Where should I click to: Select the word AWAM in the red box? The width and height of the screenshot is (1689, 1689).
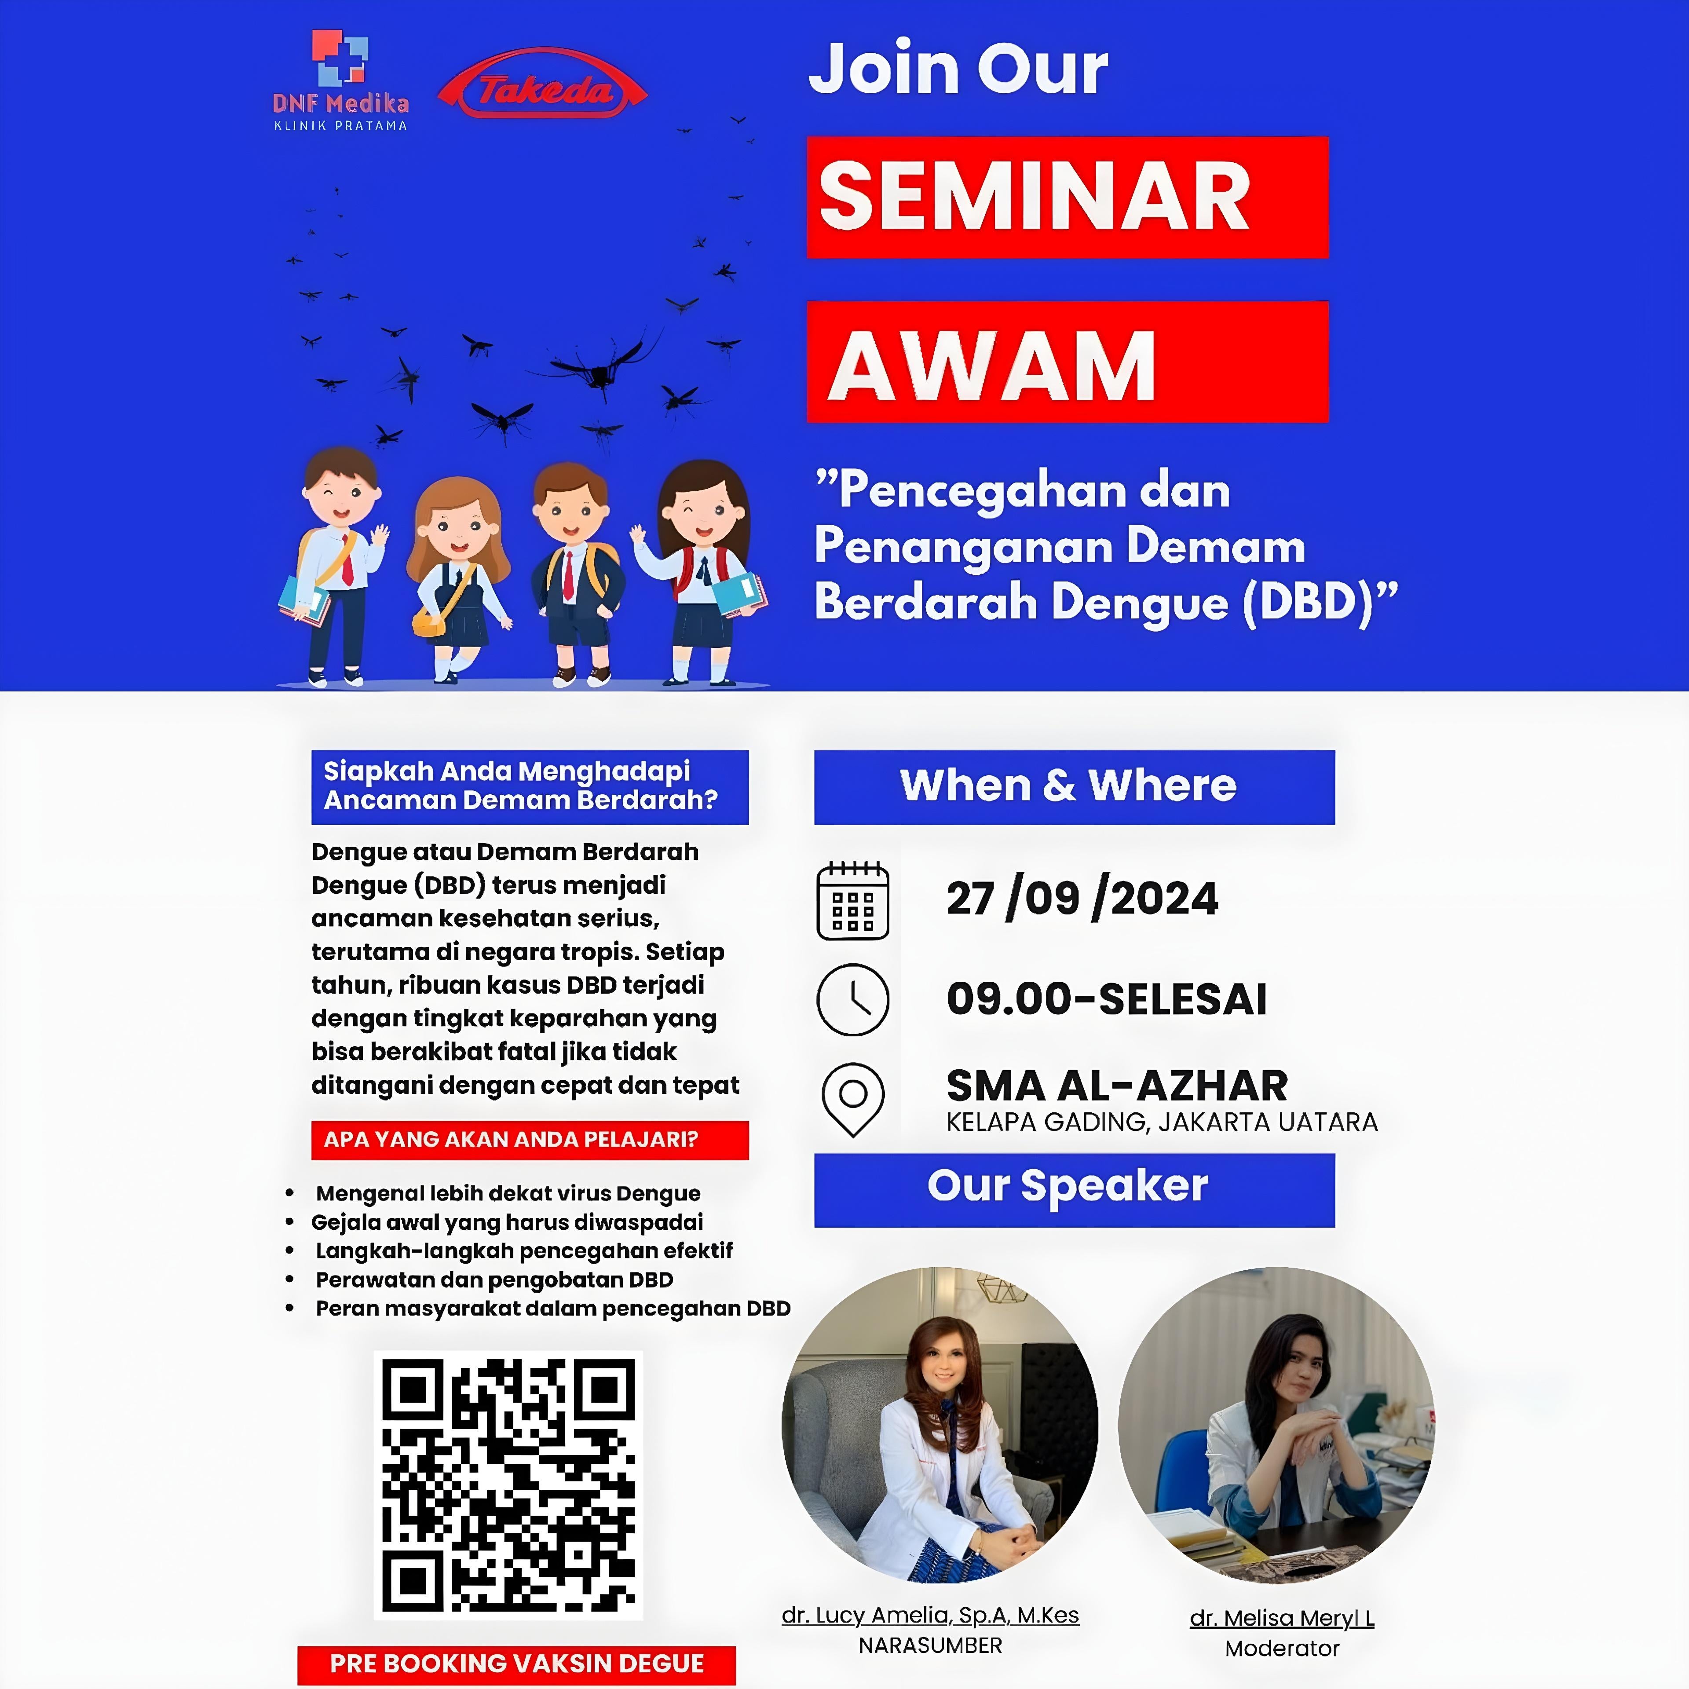point(992,366)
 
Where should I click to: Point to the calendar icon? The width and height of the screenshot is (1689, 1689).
point(852,900)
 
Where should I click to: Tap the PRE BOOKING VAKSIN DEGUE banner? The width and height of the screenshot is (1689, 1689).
point(517,1663)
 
